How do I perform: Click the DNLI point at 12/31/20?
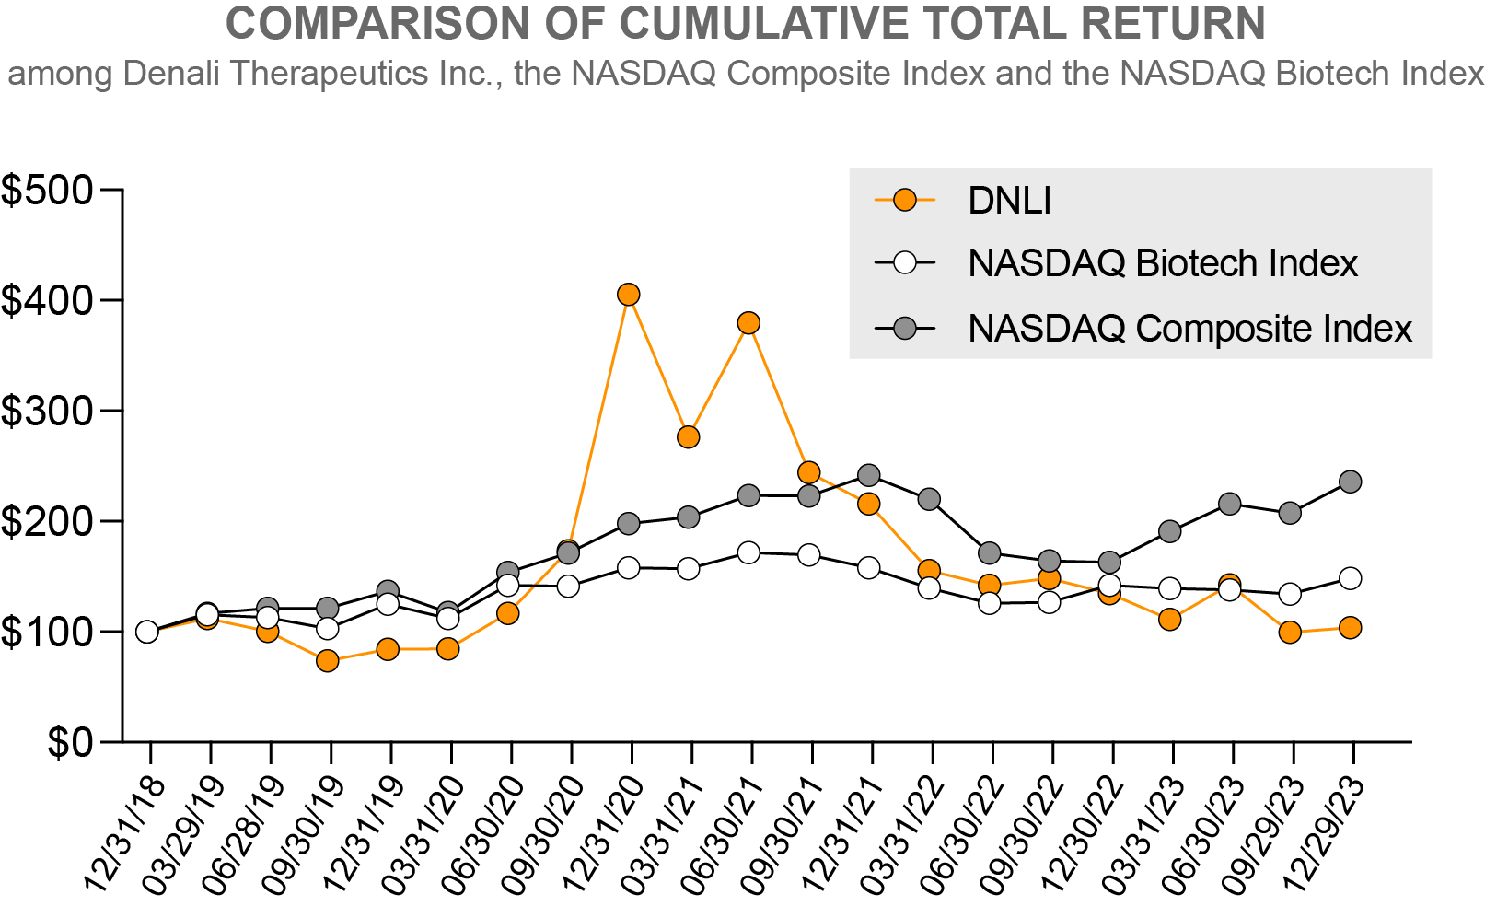click(x=629, y=295)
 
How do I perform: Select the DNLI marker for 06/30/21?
click(x=748, y=323)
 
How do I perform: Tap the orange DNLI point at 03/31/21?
click(x=689, y=437)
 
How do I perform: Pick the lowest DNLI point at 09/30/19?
click(x=328, y=661)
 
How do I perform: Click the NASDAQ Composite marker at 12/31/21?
click(x=869, y=475)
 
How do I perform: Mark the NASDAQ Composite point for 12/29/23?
click(x=1351, y=482)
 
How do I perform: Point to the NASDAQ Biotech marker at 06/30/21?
click(x=748, y=552)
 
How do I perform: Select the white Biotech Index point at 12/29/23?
click(x=1351, y=578)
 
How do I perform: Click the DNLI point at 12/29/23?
click(x=1351, y=628)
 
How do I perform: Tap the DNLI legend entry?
click(x=1009, y=201)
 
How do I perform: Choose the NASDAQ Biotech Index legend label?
click(x=1162, y=263)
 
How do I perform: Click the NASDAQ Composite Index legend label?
click(x=1189, y=329)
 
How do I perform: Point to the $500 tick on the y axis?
click(x=48, y=191)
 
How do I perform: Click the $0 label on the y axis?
click(x=70, y=742)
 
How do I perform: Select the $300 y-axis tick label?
click(x=48, y=411)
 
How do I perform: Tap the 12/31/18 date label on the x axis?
click(x=124, y=834)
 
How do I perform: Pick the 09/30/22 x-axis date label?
click(x=1022, y=834)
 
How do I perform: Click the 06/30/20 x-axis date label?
click(x=482, y=834)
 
